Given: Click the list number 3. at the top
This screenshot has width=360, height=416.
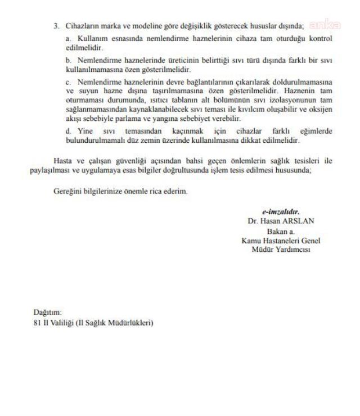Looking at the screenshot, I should tap(56, 26).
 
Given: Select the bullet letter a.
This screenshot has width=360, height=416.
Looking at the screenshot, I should tap(67, 38).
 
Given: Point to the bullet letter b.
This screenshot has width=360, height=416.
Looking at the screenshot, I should tap(67, 59).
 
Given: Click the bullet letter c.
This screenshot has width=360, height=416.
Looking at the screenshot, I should tap(67, 82).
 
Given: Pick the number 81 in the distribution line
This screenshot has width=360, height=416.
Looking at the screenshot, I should tap(37, 323).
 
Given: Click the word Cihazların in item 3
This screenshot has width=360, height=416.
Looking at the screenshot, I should tap(81, 26).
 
